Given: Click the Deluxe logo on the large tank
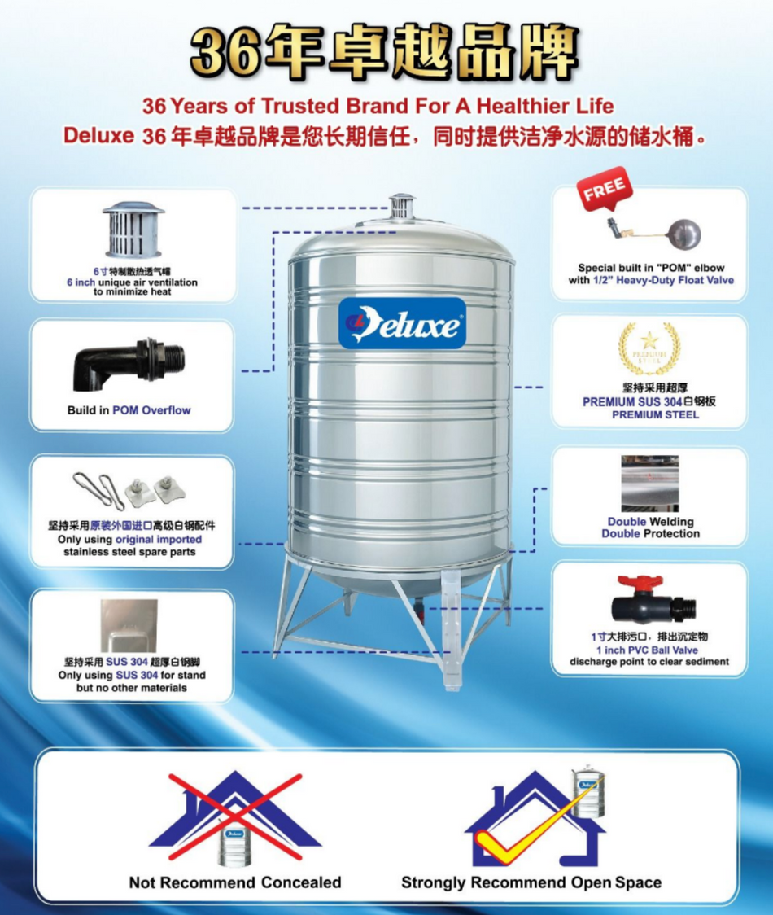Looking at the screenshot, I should click(x=402, y=323).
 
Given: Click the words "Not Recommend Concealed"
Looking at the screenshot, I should click(x=235, y=882).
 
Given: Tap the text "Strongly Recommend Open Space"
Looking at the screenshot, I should click(x=531, y=882).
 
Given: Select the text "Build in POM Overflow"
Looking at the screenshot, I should click(x=129, y=410).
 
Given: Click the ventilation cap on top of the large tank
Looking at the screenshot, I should click(x=402, y=206).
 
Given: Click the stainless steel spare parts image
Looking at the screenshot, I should click(x=131, y=490).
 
